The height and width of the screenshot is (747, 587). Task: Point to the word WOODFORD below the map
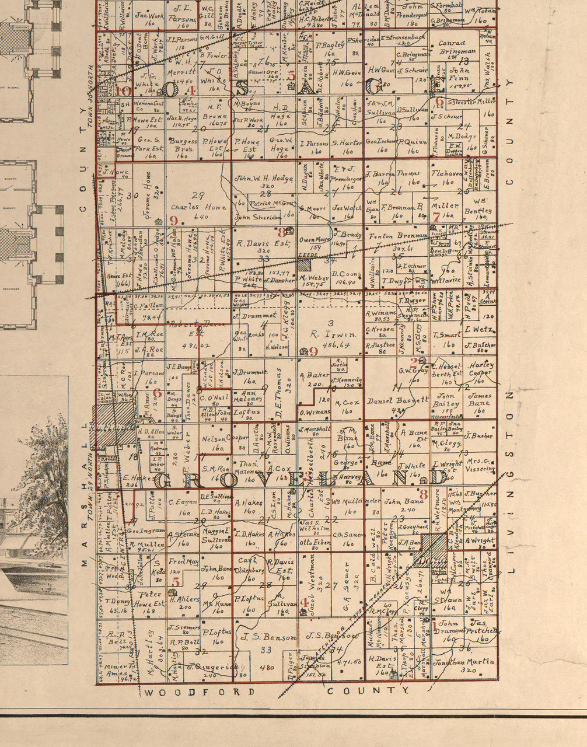(x=200, y=692)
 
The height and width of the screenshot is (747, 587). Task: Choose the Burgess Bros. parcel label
(x=183, y=144)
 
